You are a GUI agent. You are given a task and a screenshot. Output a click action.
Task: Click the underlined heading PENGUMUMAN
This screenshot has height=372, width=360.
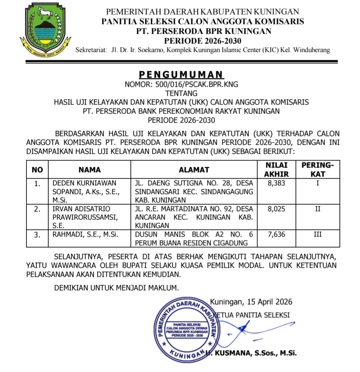click(x=181, y=74)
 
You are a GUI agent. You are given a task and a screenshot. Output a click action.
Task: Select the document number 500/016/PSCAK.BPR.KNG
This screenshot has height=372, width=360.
click(x=181, y=84)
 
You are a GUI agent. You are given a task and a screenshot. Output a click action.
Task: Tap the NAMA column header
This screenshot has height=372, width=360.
click(x=89, y=170)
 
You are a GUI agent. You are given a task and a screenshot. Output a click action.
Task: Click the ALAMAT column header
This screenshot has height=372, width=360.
click(x=194, y=170)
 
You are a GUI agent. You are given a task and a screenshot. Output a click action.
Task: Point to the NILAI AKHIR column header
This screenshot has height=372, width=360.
click(x=276, y=170)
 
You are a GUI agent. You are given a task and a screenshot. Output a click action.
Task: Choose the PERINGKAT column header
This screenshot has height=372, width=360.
click(x=318, y=170)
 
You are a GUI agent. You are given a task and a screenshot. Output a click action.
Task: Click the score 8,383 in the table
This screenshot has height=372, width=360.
click(x=277, y=183)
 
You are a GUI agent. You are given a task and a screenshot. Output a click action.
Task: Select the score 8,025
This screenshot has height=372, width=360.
click(x=277, y=209)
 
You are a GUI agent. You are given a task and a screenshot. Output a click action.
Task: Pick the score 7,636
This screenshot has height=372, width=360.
click(x=277, y=234)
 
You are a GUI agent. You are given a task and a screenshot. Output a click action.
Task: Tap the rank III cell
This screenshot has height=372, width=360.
click(x=318, y=234)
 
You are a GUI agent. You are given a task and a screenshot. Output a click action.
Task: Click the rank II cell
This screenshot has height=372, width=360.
click(x=318, y=209)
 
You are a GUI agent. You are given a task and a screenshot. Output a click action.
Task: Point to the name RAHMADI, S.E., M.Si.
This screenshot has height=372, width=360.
click(x=85, y=234)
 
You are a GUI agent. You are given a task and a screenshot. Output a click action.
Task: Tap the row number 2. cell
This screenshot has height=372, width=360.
click(x=38, y=209)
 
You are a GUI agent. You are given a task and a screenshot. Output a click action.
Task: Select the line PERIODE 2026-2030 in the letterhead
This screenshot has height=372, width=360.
click(x=202, y=41)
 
